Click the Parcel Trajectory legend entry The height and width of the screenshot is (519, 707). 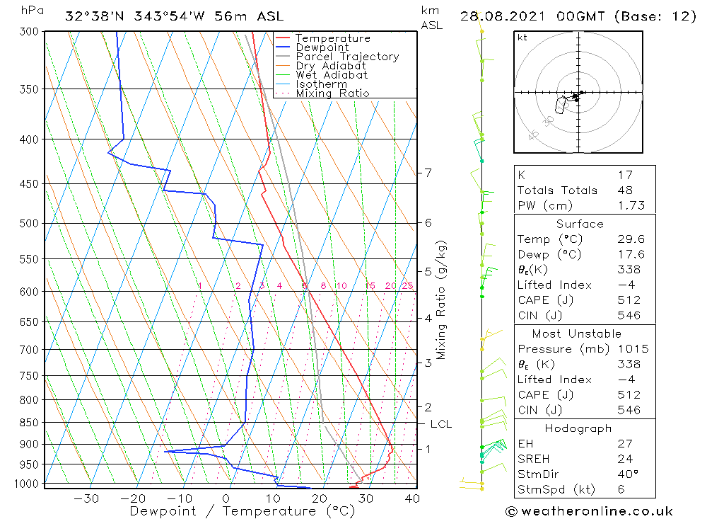pyautogui.click(x=347, y=57)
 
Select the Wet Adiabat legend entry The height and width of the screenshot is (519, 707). pyautogui.click(x=332, y=75)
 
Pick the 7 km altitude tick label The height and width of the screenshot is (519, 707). pyautogui.click(x=428, y=173)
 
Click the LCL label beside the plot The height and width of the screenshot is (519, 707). pyautogui.click(x=440, y=424)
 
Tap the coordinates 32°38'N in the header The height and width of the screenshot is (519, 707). pyautogui.click(x=88, y=16)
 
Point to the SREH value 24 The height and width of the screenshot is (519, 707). pyautogui.click(x=624, y=459)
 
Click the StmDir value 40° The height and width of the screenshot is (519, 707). pyautogui.click(x=627, y=474)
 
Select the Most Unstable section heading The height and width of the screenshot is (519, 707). pyautogui.click(x=577, y=333)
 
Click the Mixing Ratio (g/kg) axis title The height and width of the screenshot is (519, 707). pyautogui.click(x=442, y=300)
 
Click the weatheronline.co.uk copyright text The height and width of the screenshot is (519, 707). pyautogui.click(x=589, y=511)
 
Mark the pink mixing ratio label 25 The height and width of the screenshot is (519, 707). pyautogui.click(x=407, y=286)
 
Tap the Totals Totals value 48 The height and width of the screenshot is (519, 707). pyautogui.click(x=624, y=190)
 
